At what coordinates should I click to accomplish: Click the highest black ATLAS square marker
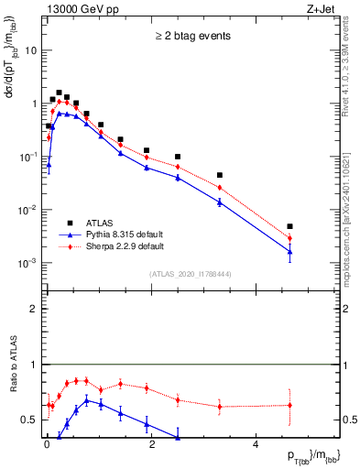(59, 93)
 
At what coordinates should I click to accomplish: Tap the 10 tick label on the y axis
(29, 50)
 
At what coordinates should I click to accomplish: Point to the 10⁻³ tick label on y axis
(27, 263)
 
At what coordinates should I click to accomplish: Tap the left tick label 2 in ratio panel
(34, 309)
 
